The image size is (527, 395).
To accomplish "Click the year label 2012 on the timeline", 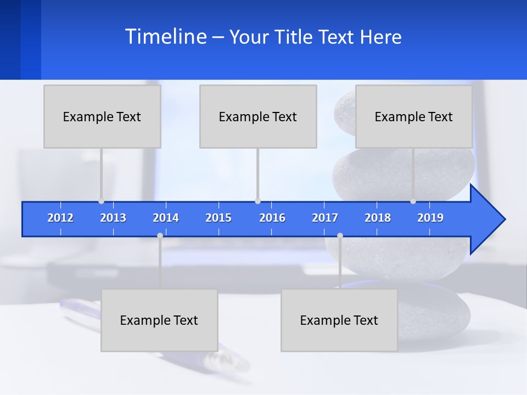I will [60, 218].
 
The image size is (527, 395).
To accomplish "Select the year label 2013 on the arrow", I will [113, 218].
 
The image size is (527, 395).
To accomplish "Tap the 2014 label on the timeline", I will [166, 218].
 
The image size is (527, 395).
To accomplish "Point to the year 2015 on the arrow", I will [218, 218].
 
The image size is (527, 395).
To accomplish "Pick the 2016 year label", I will [272, 218].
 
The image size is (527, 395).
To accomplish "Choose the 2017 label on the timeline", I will [325, 218].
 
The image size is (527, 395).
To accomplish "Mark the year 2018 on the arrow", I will [378, 218].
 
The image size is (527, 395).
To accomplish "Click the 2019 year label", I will [430, 218].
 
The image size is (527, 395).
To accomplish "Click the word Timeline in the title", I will [165, 37].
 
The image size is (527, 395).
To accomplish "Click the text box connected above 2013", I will [102, 116].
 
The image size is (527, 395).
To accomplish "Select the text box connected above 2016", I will [258, 116].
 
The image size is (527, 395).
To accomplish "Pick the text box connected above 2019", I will [414, 116].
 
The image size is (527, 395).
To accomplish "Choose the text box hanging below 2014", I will [159, 320].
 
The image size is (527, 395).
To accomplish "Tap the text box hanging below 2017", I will [339, 320].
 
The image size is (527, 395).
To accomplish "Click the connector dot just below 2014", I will [160, 236].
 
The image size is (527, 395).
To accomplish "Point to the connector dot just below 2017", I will [340, 236].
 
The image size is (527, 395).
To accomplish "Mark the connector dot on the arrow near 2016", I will [257, 201].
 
